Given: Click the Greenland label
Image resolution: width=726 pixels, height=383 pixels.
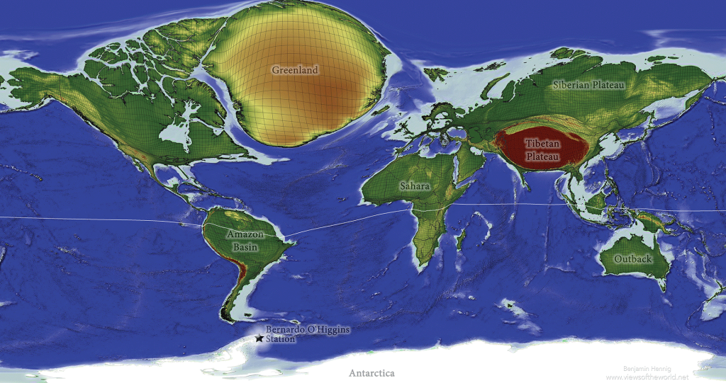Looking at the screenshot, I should (295, 70).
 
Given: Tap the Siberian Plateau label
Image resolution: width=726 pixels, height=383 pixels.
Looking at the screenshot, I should (588, 85).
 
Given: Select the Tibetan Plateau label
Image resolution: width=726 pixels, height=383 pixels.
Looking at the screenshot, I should (542, 149).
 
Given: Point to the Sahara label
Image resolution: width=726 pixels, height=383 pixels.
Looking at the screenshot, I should (414, 185).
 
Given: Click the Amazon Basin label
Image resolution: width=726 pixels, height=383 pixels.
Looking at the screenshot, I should (245, 241).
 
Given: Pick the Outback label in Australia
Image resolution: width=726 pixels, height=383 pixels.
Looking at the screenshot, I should (632, 259).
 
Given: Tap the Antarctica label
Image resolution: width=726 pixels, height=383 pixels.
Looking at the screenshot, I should (372, 372).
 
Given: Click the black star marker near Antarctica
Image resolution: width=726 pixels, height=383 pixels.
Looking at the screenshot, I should (259, 339).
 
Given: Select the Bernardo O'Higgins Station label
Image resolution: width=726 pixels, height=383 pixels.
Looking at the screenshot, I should (308, 334).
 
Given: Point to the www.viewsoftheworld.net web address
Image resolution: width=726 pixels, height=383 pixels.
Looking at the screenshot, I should (647, 377).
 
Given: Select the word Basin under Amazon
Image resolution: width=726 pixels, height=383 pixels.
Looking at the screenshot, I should (245, 247).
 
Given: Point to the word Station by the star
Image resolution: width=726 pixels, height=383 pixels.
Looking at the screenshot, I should (280, 339).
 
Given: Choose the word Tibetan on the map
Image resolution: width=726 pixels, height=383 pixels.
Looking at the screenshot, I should (542, 143).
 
